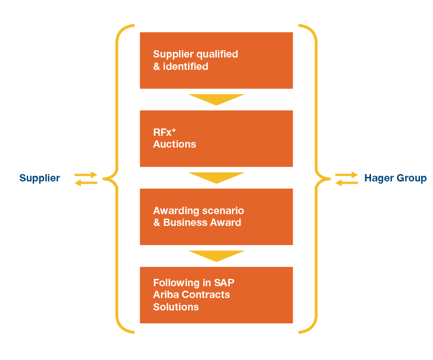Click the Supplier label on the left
[x=39, y=178]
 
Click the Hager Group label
[x=395, y=178]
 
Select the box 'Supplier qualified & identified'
[x=216, y=60]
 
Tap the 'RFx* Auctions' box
[x=216, y=139]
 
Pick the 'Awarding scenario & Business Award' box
[x=216, y=216]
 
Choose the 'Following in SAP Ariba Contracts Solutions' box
[x=216, y=295]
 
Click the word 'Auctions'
[x=175, y=144]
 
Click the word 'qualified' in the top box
[x=217, y=54]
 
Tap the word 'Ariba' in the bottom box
[x=167, y=295]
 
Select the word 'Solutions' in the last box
[x=176, y=307]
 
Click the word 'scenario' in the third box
[x=224, y=211]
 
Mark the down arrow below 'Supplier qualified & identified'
[x=216, y=100]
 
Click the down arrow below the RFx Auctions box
[x=216, y=178]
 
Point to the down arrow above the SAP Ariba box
[x=216, y=256]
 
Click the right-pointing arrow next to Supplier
[x=86, y=175]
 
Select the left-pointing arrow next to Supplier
[x=86, y=183]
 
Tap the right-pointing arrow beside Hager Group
[x=347, y=175]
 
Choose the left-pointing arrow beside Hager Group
[x=346, y=183]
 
